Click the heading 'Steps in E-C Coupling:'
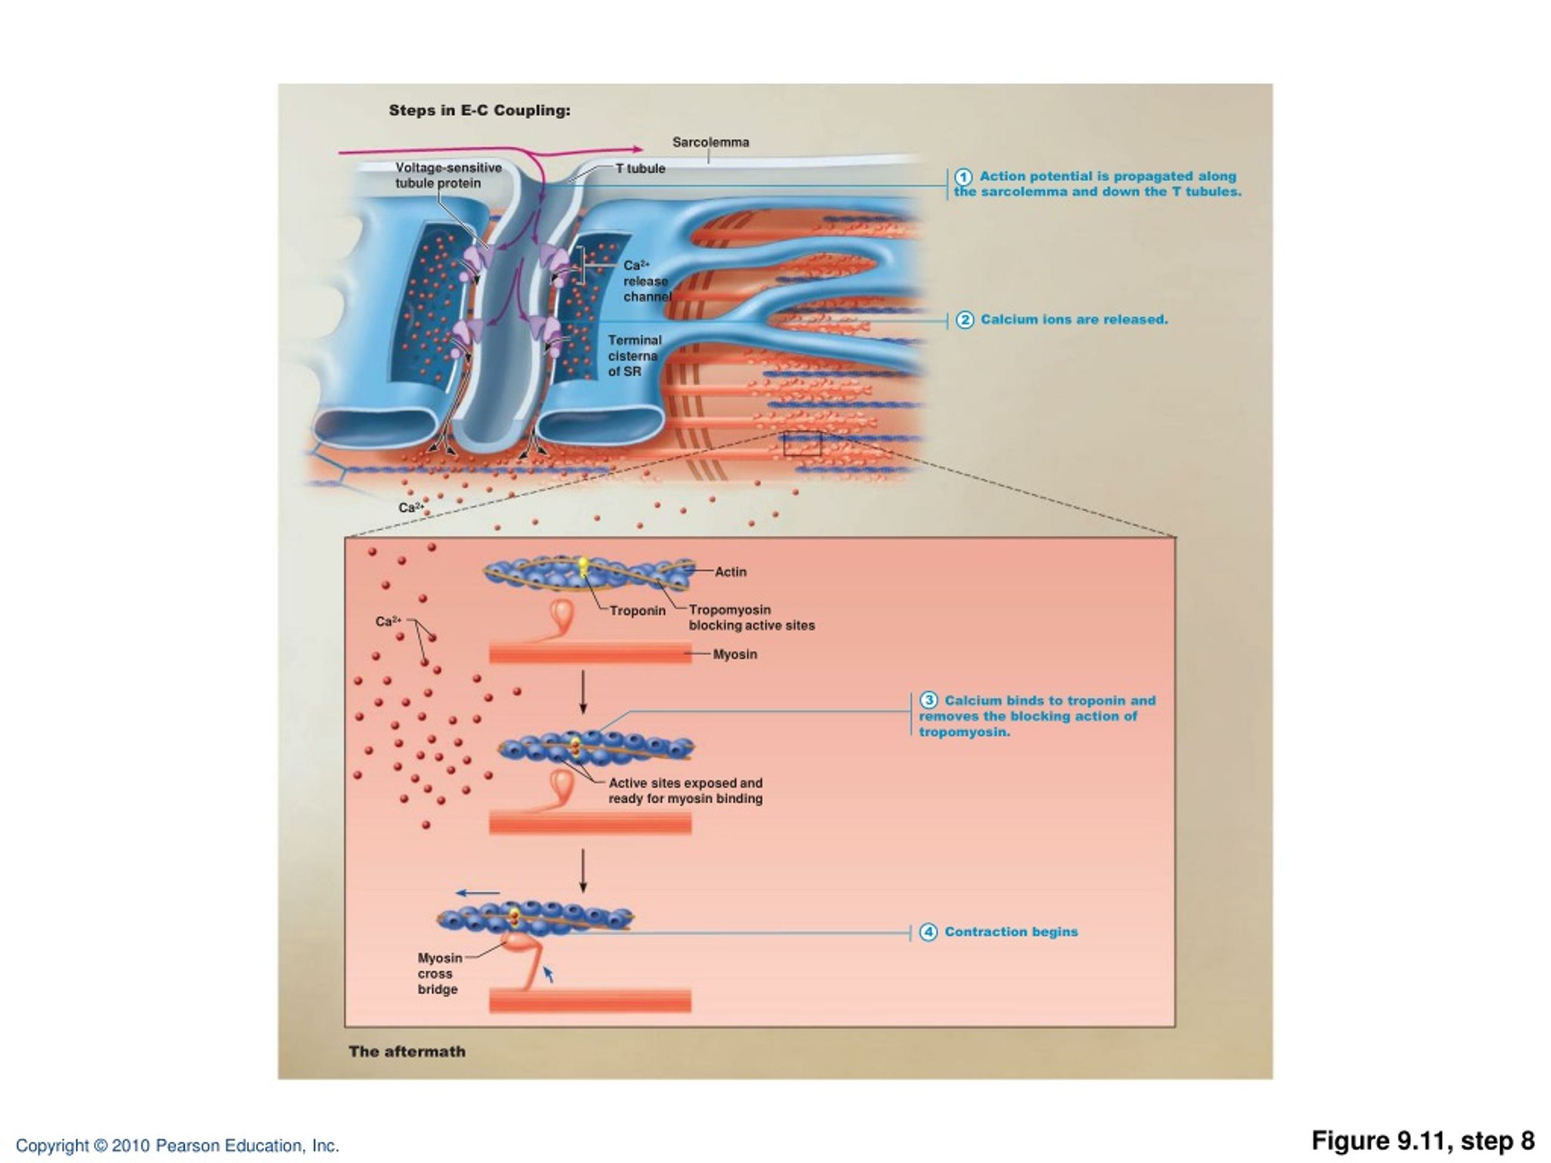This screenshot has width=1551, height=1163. [480, 111]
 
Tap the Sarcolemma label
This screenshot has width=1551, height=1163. [710, 142]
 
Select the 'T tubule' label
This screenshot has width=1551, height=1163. [640, 169]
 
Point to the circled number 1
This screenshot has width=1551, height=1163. [964, 177]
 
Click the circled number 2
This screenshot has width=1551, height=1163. [965, 320]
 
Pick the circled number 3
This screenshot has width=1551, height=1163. [928, 700]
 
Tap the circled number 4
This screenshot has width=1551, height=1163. [928, 932]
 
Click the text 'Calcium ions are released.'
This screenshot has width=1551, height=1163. [1074, 320]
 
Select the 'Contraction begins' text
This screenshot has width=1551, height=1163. [1011, 932]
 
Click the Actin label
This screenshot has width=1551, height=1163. [731, 572]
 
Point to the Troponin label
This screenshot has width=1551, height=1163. [637, 611]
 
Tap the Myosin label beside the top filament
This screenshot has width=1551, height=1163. [735, 654]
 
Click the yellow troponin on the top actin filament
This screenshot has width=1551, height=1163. [583, 566]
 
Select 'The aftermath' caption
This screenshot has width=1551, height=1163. [407, 1052]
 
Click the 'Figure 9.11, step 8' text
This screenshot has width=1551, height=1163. [1423, 1141]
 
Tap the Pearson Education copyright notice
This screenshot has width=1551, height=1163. [178, 1145]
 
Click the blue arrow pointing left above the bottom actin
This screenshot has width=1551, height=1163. [477, 893]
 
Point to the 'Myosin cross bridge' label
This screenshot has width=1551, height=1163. [440, 974]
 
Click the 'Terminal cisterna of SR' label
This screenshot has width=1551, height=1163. [634, 356]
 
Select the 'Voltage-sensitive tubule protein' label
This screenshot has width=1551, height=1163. [448, 175]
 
